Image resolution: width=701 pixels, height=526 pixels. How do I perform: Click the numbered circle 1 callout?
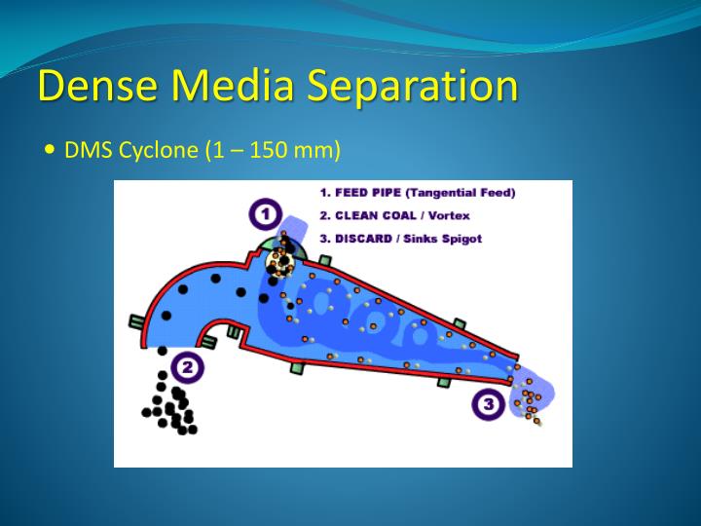(264, 212)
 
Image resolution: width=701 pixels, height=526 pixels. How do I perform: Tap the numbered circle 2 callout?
(187, 366)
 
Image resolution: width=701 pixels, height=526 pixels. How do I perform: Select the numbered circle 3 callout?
(489, 402)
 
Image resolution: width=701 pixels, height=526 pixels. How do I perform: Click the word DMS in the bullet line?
(83, 151)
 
